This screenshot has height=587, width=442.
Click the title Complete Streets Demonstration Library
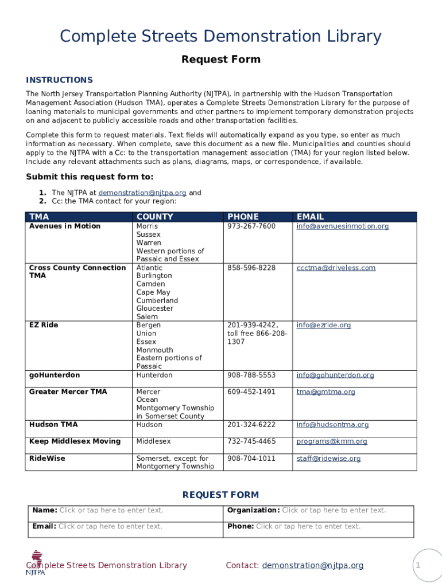pos(220,37)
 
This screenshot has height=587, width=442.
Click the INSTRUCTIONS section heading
pos(59,80)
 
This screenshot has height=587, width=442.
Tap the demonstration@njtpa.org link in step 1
pos(142,193)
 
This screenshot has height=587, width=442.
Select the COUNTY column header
pos(154,217)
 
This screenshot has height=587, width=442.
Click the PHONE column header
pos(243,217)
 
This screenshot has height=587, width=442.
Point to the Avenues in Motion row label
pos(65,226)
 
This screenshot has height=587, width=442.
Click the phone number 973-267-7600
pos(251,226)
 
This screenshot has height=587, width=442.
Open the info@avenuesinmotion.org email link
pos(342,226)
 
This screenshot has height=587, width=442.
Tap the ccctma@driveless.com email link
pos(336,268)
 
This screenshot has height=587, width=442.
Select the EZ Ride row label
pos(44,325)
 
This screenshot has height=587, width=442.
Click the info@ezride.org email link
pos(323,325)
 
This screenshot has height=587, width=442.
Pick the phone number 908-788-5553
pos(251,375)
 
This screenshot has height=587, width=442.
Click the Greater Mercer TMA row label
pos(68,392)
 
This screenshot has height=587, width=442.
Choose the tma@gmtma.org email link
pos(325,392)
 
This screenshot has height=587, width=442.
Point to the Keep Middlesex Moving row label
pos(75,441)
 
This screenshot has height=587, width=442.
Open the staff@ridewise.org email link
pos(328,459)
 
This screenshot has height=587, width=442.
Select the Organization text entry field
pos(334,510)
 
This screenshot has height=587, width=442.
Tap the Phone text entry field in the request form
pos(308,526)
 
